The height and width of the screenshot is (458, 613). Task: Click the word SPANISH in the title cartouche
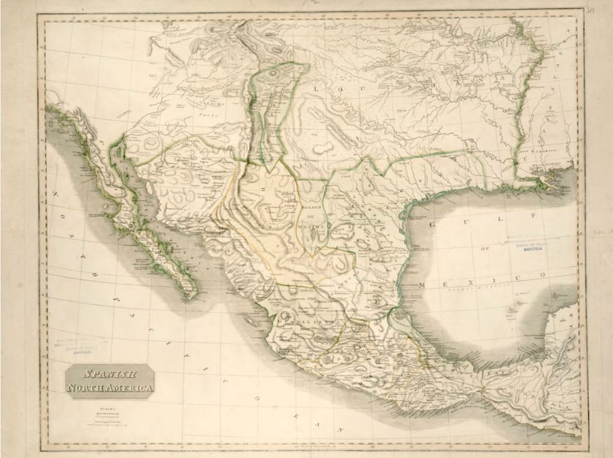[110, 374]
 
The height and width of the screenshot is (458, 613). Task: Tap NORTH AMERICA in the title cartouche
[110, 388]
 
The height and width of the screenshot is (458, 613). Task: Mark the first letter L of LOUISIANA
[313, 88]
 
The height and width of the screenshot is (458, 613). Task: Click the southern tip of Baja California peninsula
[190, 296]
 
